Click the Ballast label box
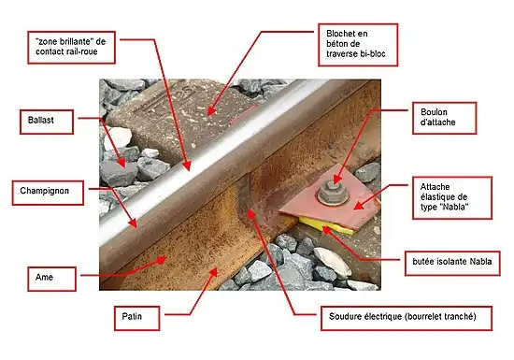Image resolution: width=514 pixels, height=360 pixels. pyautogui.click(x=47, y=122)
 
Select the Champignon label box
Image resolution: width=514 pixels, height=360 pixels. pyautogui.click(x=48, y=193)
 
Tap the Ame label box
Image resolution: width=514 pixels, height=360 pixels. pyautogui.click(x=51, y=279)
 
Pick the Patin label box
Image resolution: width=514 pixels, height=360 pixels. pyautogui.click(x=137, y=318)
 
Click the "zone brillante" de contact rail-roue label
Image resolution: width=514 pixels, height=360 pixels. pyautogui.click(x=71, y=48)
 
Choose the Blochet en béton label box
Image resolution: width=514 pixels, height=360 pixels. pyautogui.click(x=358, y=45)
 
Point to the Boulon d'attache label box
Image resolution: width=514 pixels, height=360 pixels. pyautogui.click(x=444, y=118)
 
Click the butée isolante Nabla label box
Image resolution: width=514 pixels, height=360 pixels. pyautogui.click(x=452, y=264)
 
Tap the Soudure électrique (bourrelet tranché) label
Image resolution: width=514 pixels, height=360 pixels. pyautogui.click(x=407, y=318)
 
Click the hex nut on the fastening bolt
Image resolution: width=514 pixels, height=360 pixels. pyautogui.click(x=333, y=194)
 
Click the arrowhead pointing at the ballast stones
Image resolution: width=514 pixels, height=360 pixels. pyautogui.click(x=121, y=162)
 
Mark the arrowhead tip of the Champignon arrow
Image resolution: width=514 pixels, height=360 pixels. pyautogui.click(x=136, y=227)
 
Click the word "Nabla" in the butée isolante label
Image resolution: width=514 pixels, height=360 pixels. pyautogui.click(x=480, y=261)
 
